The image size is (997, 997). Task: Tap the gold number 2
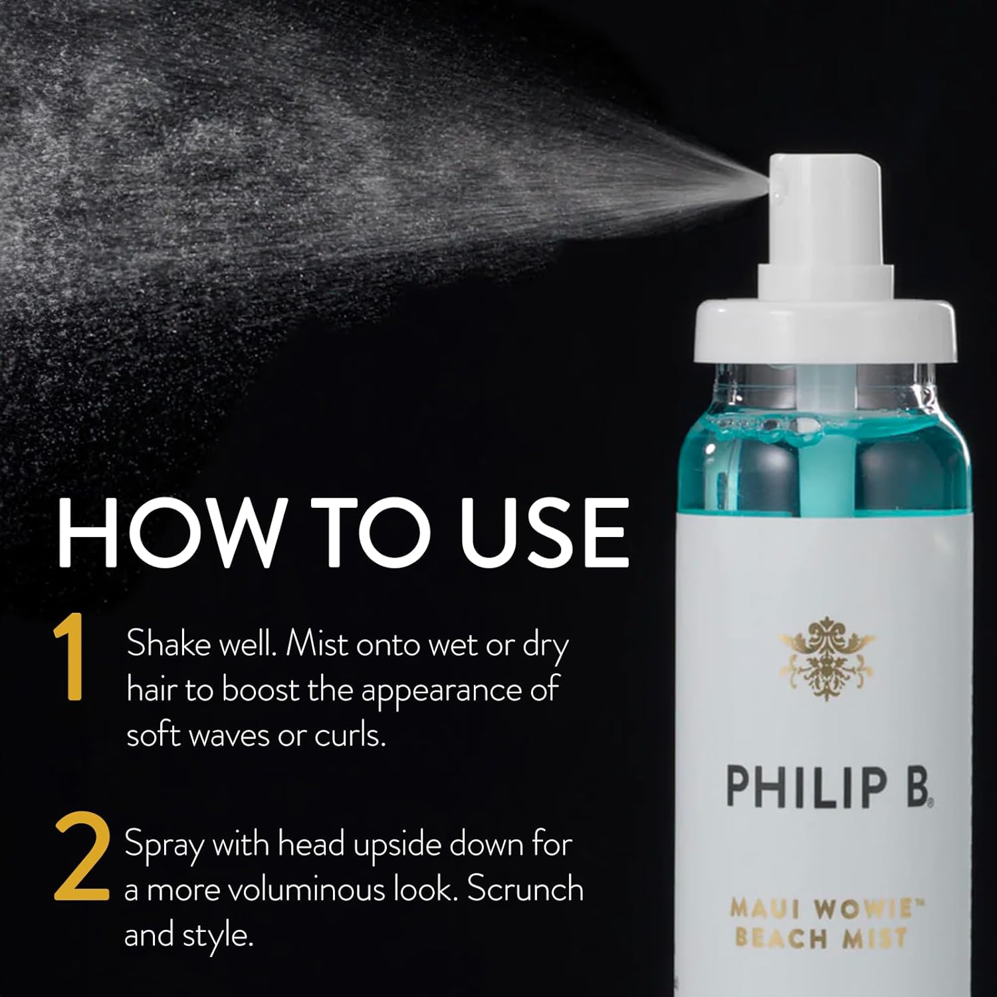[x=82, y=859]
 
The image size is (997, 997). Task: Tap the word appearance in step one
[x=441, y=691]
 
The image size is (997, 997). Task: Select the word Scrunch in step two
[x=524, y=890]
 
